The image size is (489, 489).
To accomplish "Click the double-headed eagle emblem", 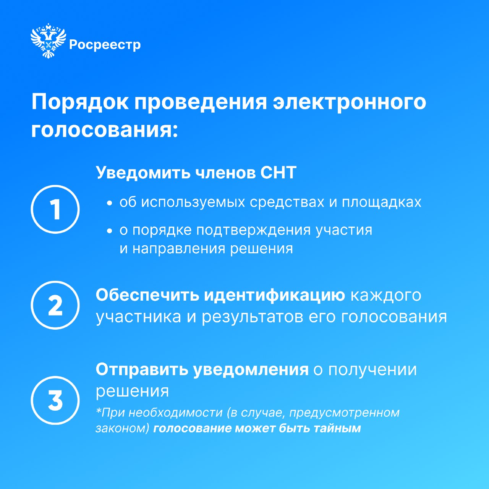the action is (48, 40).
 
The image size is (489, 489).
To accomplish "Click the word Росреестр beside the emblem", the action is (105, 45).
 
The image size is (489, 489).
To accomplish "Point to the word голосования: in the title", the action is (105, 130).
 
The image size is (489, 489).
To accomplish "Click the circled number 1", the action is (55, 209).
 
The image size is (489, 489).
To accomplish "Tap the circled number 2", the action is (55, 305).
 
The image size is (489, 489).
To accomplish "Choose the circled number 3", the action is (55, 400).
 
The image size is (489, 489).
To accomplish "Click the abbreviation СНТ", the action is (278, 173).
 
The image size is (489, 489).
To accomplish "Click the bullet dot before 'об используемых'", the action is (110, 203).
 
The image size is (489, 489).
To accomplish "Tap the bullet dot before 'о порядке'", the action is (110, 231).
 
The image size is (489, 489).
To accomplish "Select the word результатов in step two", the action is (253, 317).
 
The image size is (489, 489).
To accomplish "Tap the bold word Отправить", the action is (142, 370).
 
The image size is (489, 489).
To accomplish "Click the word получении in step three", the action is (372, 370).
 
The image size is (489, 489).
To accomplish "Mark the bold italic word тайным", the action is (337, 429).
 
